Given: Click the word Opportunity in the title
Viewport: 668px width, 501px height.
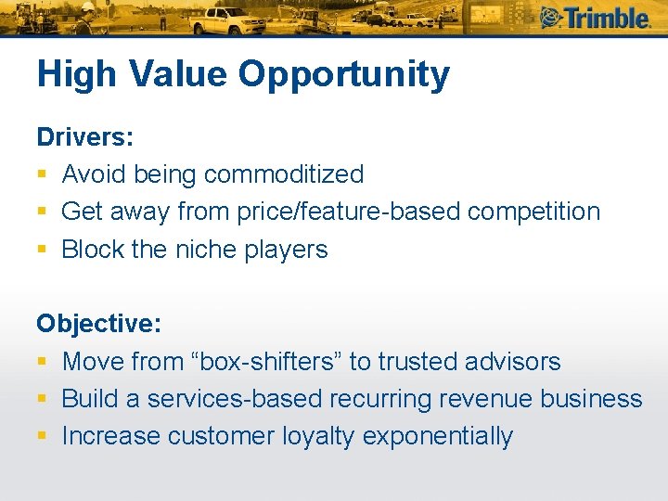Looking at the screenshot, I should click(x=344, y=75).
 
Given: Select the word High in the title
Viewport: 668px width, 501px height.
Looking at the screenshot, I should click(x=74, y=75).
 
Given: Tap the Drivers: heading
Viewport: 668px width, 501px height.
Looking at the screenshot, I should click(x=85, y=137).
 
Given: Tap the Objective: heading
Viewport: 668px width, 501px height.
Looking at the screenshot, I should click(x=98, y=324).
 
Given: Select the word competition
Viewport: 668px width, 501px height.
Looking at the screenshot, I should click(x=534, y=212).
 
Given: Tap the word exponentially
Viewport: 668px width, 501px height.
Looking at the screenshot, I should click(x=438, y=436).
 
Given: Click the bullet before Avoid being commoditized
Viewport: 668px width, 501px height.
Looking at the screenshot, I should click(x=43, y=175).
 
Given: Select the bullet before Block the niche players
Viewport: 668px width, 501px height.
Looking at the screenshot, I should click(x=43, y=250).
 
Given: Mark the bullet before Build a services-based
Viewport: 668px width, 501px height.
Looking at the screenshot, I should click(x=43, y=400).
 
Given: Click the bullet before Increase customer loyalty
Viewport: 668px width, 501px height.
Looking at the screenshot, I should click(x=43, y=437).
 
